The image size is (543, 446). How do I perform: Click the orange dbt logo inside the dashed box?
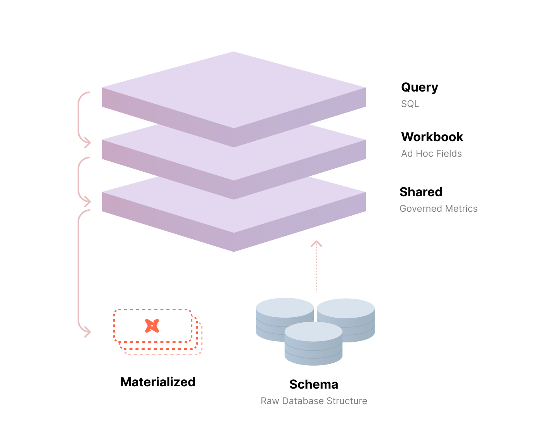click(x=152, y=326)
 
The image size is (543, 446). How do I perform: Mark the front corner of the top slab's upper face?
click(x=234, y=128)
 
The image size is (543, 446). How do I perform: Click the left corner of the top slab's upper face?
click(x=102, y=88)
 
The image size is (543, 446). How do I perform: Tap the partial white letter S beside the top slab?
click(x=404, y=104)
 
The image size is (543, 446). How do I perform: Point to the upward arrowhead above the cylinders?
click(x=316, y=244)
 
